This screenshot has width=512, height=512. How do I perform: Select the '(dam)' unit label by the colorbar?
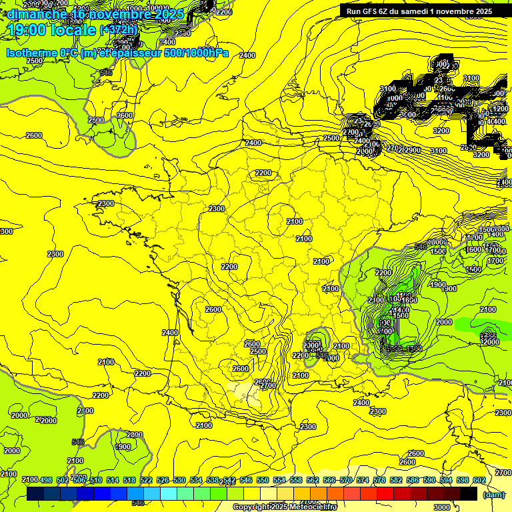(x=493, y=495)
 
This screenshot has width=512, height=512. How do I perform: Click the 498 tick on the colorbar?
(x=46, y=480)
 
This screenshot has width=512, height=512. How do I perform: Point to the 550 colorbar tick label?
(x=263, y=480)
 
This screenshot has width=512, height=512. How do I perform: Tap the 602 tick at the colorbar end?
(x=479, y=480)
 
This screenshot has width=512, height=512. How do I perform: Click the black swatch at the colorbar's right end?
(x=469, y=494)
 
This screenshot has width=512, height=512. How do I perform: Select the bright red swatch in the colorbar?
(x=385, y=494)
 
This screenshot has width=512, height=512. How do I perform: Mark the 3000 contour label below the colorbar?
(x=441, y=507)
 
